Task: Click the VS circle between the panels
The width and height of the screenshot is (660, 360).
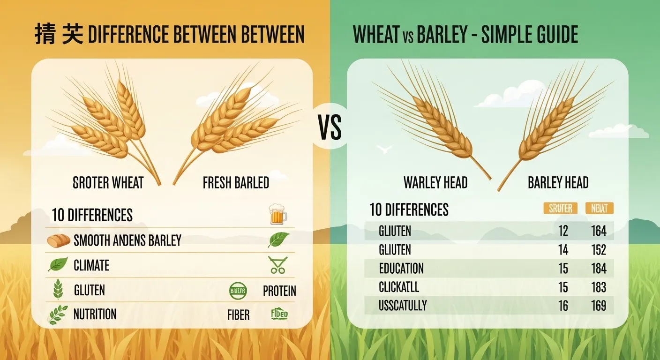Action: click(x=330, y=127)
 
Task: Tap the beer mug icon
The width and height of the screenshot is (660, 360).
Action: click(x=278, y=214)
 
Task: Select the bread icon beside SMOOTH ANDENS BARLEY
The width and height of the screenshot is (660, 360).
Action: click(x=58, y=241)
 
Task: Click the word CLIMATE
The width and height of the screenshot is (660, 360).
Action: click(x=91, y=266)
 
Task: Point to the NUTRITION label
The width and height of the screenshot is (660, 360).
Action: click(x=95, y=314)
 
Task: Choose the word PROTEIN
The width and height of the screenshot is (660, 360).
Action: click(x=279, y=291)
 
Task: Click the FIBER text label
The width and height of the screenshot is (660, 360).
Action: click(x=238, y=315)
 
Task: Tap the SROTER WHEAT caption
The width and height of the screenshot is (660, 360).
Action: click(x=108, y=183)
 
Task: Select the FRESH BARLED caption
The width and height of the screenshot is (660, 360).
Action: click(x=236, y=183)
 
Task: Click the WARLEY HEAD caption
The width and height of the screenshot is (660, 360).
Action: click(x=435, y=182)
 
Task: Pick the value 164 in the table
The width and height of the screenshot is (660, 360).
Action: click(x=599, y=231)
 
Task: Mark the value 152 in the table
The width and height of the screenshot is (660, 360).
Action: click(x=599, y=250)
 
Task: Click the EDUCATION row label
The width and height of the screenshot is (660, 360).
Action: click(x=401, y=269)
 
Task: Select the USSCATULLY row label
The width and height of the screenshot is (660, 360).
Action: click(x=403, y=306)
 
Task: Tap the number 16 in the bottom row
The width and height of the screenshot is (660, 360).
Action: click(x=563, y=306)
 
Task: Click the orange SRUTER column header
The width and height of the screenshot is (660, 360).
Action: click(x=560, y=209)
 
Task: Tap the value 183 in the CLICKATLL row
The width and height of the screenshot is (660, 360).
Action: click(x=599, y=287)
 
